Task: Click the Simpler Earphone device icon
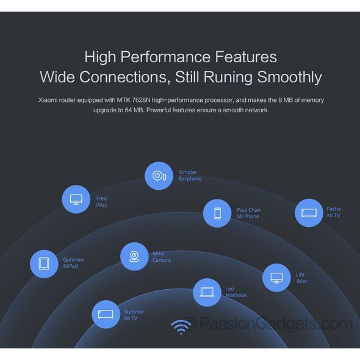click(159, 176)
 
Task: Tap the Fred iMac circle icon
click(76, 200)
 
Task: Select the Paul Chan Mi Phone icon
click(217, 214)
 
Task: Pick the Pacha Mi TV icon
click(309, 213)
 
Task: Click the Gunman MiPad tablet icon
click(44, 264)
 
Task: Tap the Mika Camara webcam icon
click(134, 256)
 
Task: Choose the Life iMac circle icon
click(276, 278)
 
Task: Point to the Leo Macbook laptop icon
click(207, 292)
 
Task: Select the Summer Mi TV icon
click(106, 314)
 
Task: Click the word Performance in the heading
click(165, 57)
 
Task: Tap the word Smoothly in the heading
click(289, 77)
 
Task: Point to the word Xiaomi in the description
click(48, 100)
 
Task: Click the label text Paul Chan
click(249, 210)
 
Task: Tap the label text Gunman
click(73, 260)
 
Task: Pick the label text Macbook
click(236, 295)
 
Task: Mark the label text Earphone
click(190, 179)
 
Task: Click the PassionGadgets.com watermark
click(269, 324)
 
